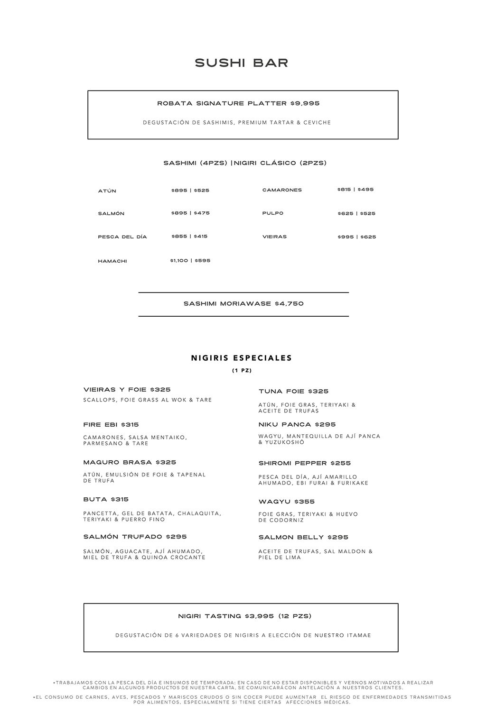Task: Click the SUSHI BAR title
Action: (242, 63)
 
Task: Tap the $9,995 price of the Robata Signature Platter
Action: (305, 103)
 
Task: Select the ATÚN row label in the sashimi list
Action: (107, 191)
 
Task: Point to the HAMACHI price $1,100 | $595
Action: (190, 261)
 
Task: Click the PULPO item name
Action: (273, 213)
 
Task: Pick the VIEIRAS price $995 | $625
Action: (357, 237)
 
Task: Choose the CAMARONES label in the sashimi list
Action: (282, 190)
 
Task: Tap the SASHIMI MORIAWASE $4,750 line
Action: (243, 304)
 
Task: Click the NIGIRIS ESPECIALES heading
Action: (242, 358)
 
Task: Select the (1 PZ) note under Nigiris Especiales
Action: (242, 371)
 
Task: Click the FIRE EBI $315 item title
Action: (111, 425)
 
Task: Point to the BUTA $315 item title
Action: (106, 500)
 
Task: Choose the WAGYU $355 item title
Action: (287, 502)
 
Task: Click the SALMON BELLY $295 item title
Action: (303, 538)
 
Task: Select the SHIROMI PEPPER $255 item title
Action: (305, 463)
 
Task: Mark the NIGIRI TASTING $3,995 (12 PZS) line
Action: (245, 616)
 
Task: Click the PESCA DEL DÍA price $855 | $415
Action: (190, 237)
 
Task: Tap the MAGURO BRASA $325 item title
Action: (130, 463)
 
